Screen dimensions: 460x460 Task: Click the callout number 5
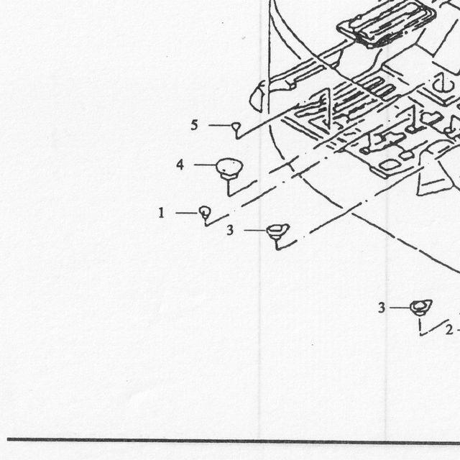click(x=194, y=125)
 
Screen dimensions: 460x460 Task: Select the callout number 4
click(x=180, y=165)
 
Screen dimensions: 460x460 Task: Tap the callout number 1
click(x=161, y=213)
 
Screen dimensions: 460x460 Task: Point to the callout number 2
click(x=449, y=330)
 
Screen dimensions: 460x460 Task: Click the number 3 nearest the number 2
click(x=382, y=308)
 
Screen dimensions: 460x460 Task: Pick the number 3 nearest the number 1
click(x=230, y=230)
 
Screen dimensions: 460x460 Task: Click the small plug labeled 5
click(x=236, y=126)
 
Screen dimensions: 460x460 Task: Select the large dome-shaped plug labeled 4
click(x=229, y=168)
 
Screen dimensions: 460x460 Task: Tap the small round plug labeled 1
click(x=205, y=212)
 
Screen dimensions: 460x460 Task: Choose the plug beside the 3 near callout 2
click(x=421, y=307)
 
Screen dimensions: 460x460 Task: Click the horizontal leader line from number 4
click(x=205, y=165)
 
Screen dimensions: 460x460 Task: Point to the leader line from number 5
click(x=220, y=125)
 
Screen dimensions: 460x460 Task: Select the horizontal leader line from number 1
click(x=187, y=213)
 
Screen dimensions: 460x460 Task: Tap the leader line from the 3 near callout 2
click(x=400, y=308)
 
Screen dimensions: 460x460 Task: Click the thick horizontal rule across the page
click(x=234, y=440)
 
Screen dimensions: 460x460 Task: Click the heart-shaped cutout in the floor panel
click(x=431, y=118)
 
